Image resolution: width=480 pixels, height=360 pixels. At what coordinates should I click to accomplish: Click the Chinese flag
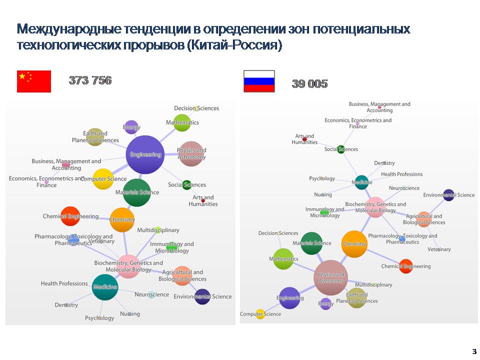click(34, 81)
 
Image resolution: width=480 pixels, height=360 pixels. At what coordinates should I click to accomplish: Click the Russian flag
click(259, 81)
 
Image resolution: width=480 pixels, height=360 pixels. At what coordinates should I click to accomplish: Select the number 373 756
click(90, 80)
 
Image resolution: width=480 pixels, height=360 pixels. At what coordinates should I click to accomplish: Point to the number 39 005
click(309, 84)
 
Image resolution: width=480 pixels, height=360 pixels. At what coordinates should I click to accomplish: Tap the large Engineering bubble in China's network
click(145, 154)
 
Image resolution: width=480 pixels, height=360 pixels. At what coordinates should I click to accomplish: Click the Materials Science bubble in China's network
click(136, 192)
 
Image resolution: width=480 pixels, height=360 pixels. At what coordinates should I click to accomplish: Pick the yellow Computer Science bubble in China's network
click(103, 179)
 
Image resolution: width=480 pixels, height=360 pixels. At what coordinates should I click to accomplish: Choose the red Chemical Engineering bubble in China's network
click(70, 216)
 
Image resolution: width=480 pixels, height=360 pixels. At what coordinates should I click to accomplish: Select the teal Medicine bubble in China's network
click(105, 287)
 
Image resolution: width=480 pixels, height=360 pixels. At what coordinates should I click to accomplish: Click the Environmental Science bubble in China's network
click(202, 296)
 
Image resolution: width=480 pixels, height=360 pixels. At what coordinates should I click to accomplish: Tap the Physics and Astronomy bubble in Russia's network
click(330, 277)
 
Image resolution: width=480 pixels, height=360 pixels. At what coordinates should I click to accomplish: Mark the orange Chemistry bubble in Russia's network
click(354, 244)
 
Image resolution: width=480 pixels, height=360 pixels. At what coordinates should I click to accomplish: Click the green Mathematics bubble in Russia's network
click(283, 259)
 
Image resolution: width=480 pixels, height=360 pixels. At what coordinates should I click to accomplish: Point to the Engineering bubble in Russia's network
click(289, 298)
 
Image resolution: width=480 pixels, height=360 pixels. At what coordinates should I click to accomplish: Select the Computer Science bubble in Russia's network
click(260, 314)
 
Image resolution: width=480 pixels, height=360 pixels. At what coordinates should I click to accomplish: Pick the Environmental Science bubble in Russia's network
click(448, 195)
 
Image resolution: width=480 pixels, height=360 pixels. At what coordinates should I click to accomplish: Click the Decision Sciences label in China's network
click(196, 108)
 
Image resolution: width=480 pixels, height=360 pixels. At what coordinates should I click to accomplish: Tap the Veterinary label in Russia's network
click(439, 249)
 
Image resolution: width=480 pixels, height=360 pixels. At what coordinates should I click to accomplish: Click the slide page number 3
click(473, 350)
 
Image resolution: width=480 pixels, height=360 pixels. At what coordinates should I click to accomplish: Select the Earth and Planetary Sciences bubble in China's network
click(95, 136)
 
